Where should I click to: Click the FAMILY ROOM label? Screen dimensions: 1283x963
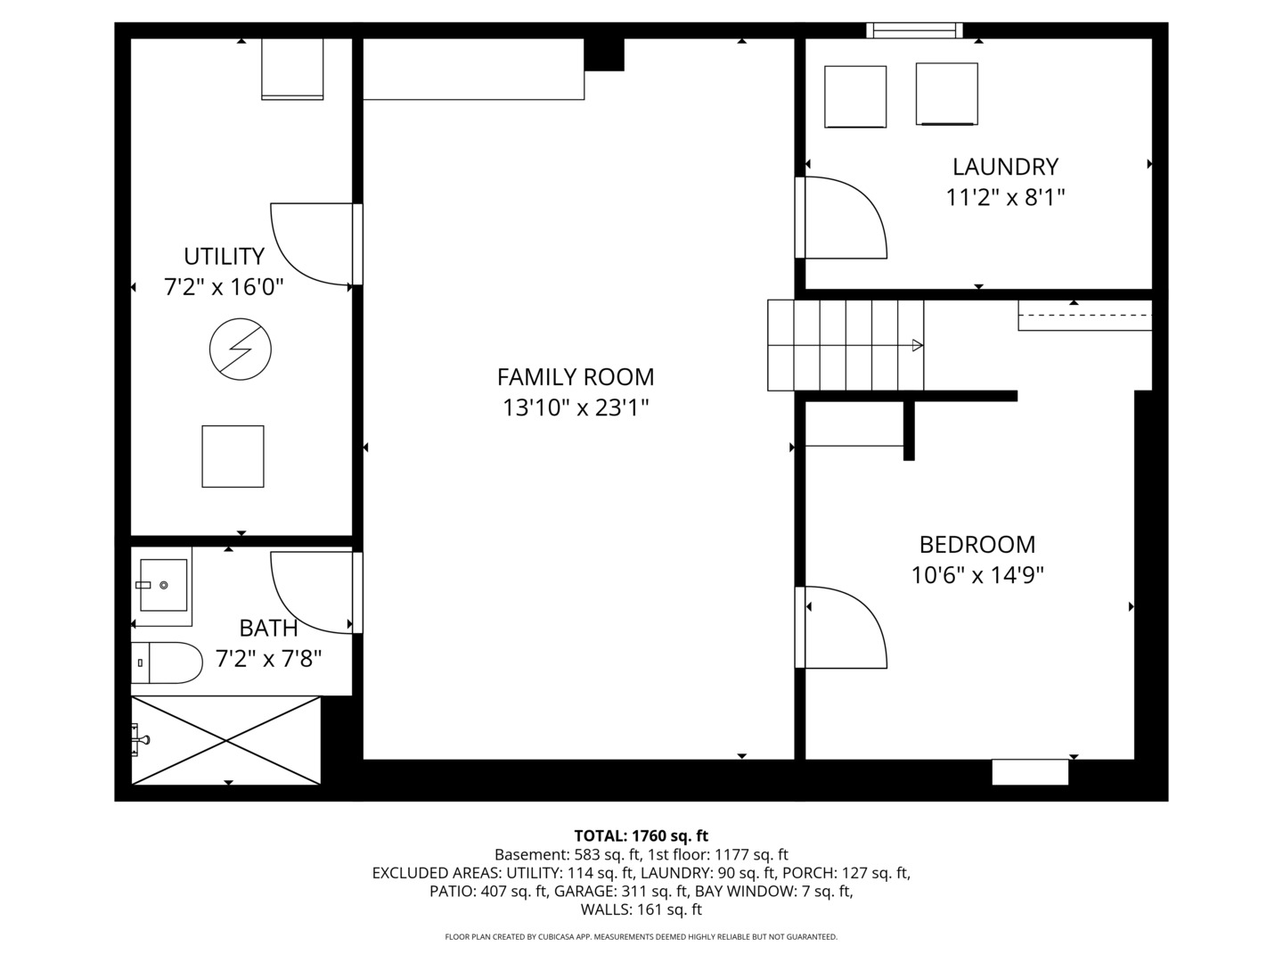[576, 377]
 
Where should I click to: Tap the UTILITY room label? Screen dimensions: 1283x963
[224, 256]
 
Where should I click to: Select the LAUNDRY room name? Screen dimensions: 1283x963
[1005, 167]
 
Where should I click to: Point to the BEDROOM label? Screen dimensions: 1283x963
[977, 544]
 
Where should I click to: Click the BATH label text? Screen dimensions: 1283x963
[268, 629]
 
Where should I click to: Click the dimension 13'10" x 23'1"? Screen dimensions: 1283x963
[576, 407]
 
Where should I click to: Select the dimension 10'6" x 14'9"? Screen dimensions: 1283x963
[977, 575]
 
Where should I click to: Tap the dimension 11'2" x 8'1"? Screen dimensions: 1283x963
[1005, 198]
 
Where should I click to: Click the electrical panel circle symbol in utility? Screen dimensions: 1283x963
[241, 349]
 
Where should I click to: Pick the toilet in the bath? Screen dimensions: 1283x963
[167, 663]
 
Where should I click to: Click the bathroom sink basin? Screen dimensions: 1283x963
[164, 585]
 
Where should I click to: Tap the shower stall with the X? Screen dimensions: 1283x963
[225, 740]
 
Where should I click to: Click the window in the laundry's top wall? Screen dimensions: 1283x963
[914, 30]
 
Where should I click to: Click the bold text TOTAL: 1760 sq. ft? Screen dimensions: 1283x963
[641, 835]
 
